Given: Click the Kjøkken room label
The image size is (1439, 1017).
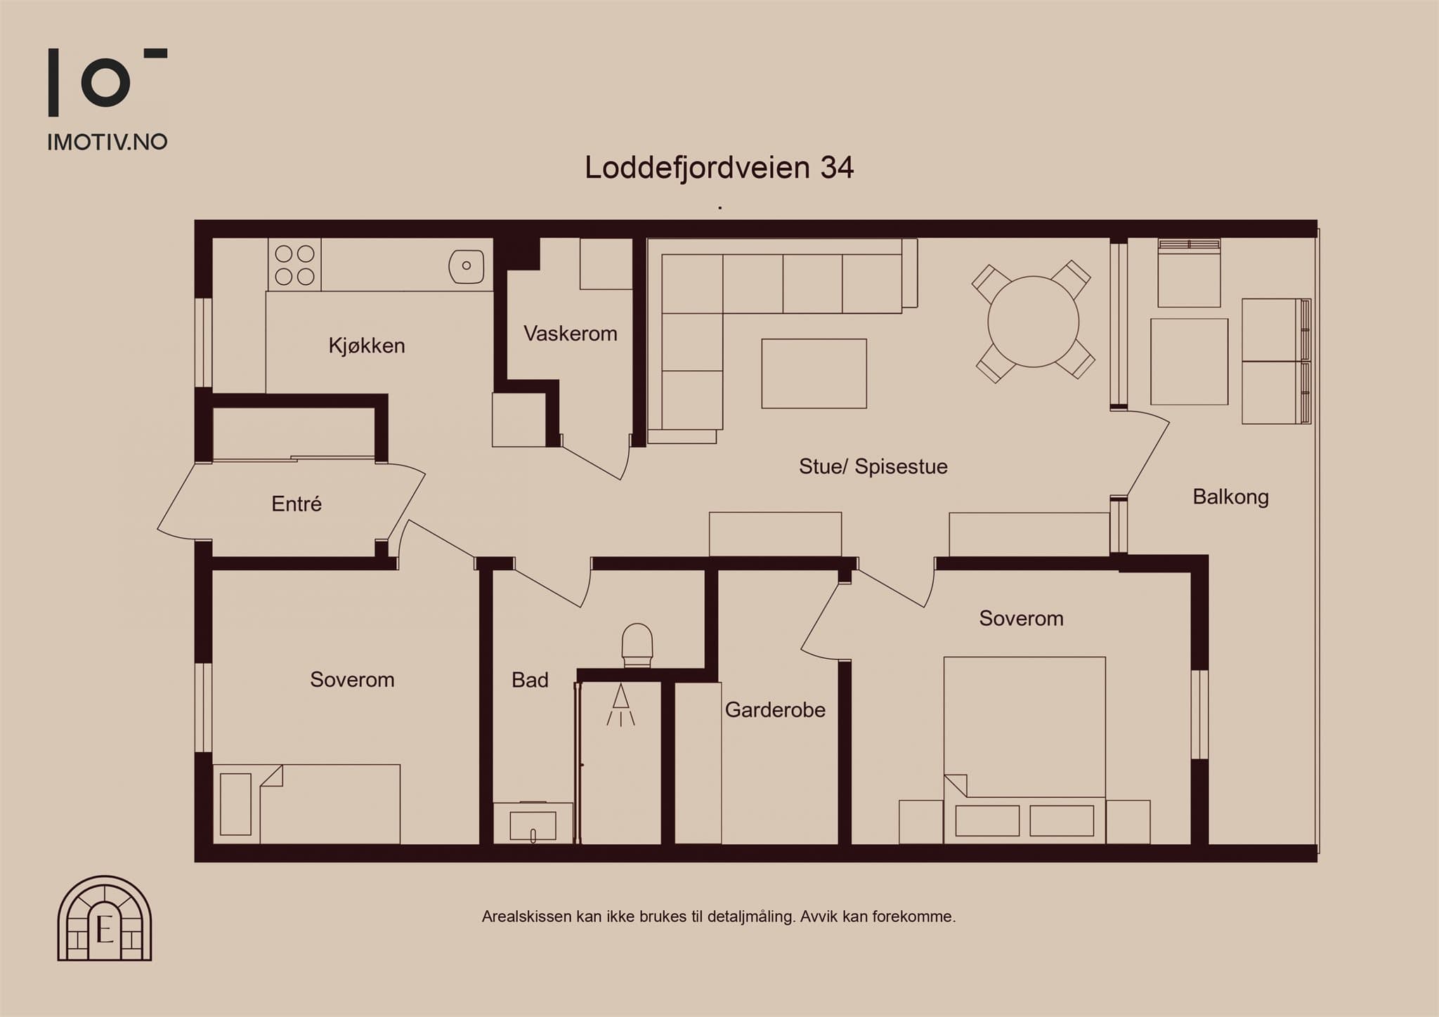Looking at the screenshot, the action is coord(367,346).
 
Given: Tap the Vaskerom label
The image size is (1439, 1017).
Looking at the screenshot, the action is coord(571,334).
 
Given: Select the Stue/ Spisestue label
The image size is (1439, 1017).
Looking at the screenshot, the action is coord(873,466).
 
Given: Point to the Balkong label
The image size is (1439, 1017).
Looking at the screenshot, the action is coord(1231,497).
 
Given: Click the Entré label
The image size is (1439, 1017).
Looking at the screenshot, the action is coord(297,504).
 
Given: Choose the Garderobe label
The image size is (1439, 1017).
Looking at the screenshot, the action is coord(775,710).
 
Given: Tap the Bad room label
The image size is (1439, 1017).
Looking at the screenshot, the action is coord(530,680).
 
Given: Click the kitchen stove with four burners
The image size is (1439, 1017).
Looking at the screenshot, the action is coord(294,265).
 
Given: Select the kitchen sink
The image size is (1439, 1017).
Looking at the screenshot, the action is coord(467,266).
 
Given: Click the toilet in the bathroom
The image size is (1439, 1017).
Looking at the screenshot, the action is coord(637,645).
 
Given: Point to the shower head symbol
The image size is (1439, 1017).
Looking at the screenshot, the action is coord(620,704).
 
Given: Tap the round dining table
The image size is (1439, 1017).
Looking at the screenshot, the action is coord(1033,322).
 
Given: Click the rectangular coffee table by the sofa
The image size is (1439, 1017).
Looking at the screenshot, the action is coord(814,374).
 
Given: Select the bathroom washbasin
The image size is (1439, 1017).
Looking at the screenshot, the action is coord(533,823).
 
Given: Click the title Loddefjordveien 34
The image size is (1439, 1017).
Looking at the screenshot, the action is coord(719,168).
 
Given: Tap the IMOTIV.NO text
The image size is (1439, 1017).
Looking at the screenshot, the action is coord(108,142).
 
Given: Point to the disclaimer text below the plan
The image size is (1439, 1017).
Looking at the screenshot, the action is coord(719,917).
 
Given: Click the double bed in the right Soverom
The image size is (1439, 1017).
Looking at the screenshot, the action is coord(1024,750).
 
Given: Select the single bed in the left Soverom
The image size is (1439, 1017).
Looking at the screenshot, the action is coord(306,804).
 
